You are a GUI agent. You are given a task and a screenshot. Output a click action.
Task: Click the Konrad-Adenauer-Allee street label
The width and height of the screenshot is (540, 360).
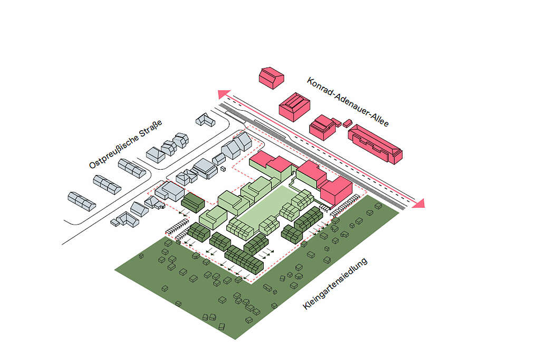point(348,102)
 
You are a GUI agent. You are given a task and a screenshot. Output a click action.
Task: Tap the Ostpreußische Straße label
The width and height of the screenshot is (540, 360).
point(126,144)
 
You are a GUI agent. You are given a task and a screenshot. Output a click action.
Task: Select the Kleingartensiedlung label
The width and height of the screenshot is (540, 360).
point(335,284)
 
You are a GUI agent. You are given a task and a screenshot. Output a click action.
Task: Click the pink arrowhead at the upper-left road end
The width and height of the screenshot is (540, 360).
point(223,94)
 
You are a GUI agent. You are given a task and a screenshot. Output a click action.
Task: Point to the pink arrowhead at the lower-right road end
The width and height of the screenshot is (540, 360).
point(418,204)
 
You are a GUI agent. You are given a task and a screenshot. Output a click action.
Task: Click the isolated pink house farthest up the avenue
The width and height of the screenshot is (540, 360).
point(272,78)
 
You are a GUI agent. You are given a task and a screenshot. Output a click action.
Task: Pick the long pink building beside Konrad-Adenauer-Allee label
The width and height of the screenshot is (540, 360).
point(375,144)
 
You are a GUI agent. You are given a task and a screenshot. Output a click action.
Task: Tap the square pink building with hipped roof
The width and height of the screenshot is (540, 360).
point(294,106)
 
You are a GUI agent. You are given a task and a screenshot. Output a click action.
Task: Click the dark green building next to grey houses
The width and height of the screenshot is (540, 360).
point(193,202)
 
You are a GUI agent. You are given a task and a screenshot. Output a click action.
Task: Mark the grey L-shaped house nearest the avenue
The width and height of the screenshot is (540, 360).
point(205,120)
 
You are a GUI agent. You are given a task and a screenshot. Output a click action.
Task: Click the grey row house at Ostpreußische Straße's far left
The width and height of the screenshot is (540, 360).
point(82,201)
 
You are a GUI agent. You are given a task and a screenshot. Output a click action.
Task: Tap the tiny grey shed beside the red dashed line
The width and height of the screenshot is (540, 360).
point(223,169)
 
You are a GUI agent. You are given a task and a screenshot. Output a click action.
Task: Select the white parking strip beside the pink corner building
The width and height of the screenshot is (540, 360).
point(345,206)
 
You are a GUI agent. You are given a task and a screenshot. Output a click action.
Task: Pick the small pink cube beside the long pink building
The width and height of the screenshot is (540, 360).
point(347,123)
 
